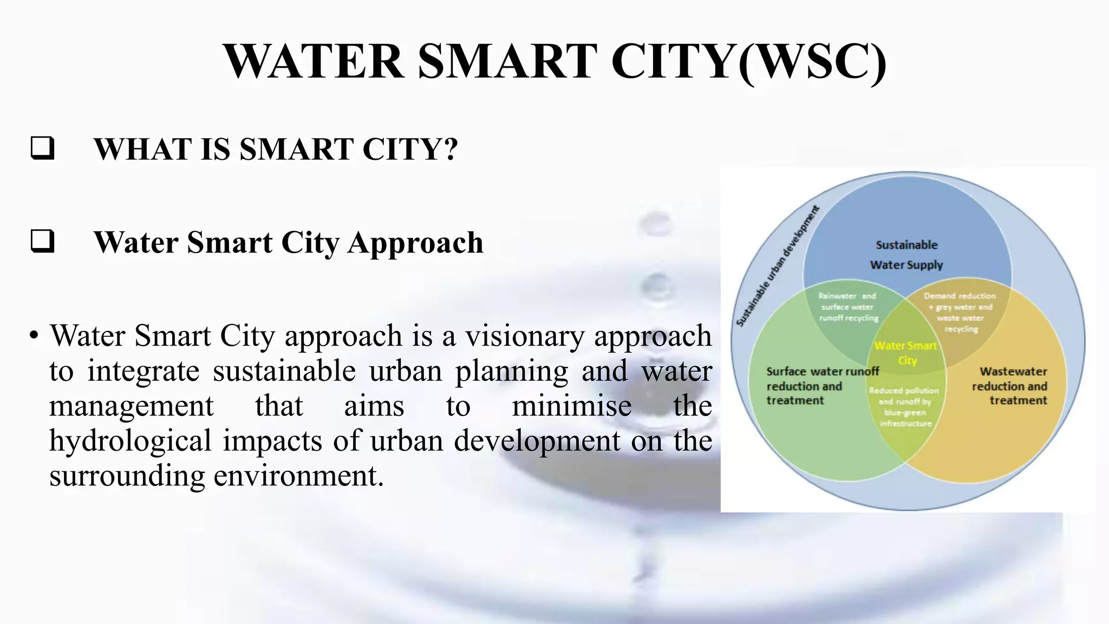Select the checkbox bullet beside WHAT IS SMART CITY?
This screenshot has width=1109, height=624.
coord(42,148)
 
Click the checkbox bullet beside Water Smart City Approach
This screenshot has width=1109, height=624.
coord(42,241)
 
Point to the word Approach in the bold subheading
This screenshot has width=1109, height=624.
coord(415,243)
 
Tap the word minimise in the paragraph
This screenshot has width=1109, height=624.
coord(571,406)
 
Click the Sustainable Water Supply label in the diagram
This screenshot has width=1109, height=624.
coord(906,255)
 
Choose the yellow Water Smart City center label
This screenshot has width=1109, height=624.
coord(906,353)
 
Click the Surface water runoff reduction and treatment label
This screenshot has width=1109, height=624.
coord(821,386)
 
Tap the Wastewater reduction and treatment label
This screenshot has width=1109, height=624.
coord(1010,386)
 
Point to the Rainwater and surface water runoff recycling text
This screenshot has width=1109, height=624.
coord(847,307)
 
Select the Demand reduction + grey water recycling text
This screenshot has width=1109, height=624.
coord(960,312)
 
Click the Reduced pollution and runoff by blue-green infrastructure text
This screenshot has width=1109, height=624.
coord(904,406)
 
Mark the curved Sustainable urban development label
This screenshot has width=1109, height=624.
coord(777,266)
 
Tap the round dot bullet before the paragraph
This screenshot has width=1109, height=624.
coord(34,336)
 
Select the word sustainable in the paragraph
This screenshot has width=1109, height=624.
coord(284,372)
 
